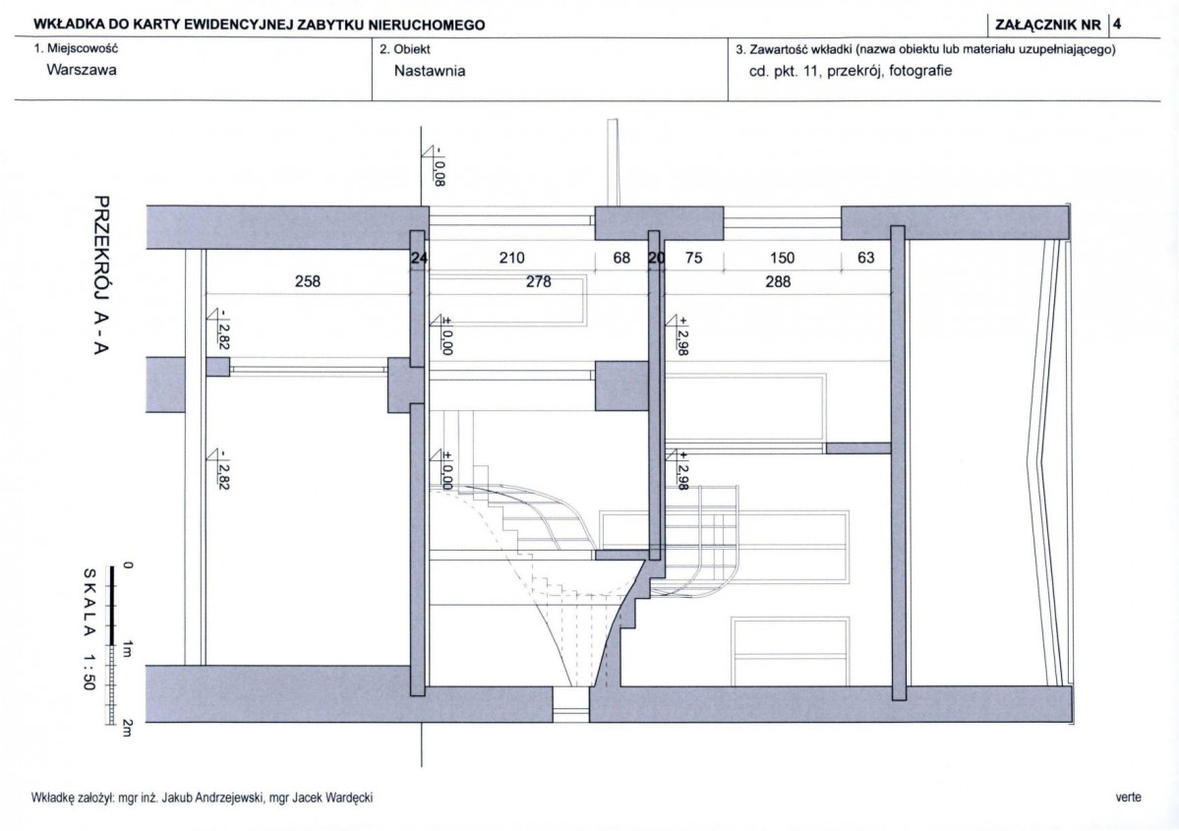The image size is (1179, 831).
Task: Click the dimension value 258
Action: (308, 281)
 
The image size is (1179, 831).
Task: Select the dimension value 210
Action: (511, 258)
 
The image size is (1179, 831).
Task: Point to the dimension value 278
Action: (539, 281)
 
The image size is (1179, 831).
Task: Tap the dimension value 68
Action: (621, 258)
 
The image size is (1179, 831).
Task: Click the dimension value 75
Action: (694, 258)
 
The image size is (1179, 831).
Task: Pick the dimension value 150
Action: (782, 258)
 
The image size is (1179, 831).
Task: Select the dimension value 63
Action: (866, 258)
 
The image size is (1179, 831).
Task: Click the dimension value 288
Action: (778, 281)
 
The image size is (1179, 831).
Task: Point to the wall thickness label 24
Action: (419, 259)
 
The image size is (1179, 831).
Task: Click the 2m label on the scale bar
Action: (127, 728)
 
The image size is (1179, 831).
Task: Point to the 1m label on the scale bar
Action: (127, 649)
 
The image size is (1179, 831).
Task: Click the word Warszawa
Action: (82, 70)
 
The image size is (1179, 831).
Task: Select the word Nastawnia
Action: (430, 71)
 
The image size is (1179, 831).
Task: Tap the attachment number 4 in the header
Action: (1117, 24)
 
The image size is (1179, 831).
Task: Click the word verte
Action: (1129, 798)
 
